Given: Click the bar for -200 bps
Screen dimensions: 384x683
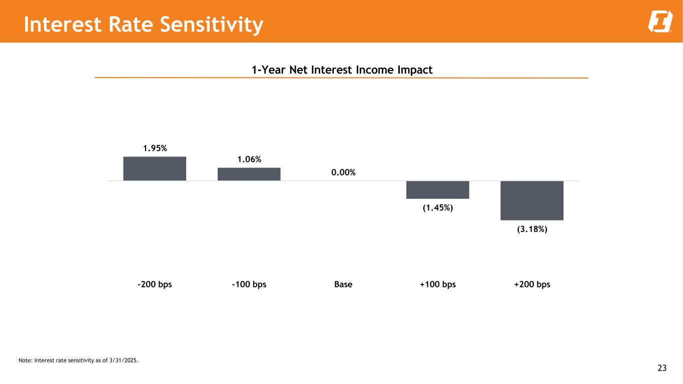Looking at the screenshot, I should tap(155, 168).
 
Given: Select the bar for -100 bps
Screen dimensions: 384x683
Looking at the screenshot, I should tap(249, 174).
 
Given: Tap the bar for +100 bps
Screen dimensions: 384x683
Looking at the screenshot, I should tap(437, 189).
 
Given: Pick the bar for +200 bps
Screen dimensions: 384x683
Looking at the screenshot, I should tap(532, 200).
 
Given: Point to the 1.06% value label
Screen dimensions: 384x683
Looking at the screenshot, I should tap(249, 159).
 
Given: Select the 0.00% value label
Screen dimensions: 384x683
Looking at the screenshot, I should tap(343, 172).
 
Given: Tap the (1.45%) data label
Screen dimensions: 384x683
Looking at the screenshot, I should tap(437, 208).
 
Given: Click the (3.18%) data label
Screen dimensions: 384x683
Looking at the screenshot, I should tap(532, 229).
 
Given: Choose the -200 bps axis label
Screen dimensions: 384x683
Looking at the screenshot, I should tap(155, 284).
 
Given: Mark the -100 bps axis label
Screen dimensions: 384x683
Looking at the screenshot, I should tap(249, 284).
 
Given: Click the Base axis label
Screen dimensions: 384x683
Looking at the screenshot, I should tap(343, 284).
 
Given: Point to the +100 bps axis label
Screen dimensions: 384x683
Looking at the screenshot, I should tap(437, 284).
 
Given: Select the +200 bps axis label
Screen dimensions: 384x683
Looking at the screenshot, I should tap(532, 284).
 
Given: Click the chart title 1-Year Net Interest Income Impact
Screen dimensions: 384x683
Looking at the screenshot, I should tap(342, 69).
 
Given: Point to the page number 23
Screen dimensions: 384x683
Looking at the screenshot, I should tap(662, 368).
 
